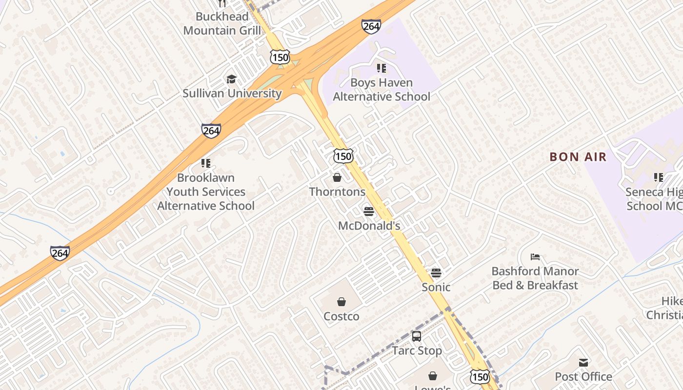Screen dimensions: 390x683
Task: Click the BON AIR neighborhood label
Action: click(578, 157)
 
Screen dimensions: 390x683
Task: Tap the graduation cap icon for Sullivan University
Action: click(231, 79)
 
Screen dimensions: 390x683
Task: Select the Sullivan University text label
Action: click(232, 93)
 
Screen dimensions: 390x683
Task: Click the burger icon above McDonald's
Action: click(369, 212)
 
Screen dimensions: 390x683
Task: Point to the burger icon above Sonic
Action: click(436, 273)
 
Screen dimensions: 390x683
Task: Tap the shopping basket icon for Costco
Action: click(341, 302)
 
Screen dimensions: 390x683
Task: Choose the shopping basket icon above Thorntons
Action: click(337, 177)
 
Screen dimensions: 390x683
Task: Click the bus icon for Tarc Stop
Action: click(417, 336)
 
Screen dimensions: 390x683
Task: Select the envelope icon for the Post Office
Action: click(583, 362)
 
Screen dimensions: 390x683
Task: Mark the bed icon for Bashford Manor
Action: click(535, 257)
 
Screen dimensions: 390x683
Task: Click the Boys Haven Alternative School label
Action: click(382, 90)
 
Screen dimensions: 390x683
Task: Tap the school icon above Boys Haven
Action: click(382, 68)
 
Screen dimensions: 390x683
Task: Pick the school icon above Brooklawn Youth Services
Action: click(206, 163)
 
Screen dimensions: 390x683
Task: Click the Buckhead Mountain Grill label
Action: click(222, 23)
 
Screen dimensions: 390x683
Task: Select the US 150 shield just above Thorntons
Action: click(343, 156)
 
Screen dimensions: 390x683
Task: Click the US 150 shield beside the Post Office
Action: click(481, 376)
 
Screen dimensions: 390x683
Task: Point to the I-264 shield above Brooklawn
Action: click(211, 131)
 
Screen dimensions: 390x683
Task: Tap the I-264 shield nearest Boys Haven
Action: click(371, 26)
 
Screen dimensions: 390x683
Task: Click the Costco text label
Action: click(341, 316)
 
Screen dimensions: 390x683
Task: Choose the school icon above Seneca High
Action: click(659, 177)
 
